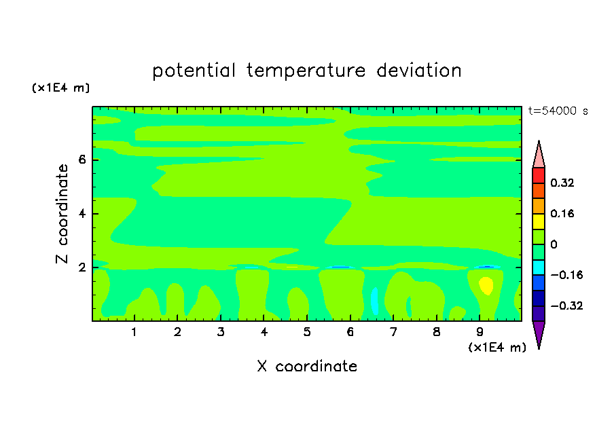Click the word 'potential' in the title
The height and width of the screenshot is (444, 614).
pyautogui.click(x=194, y=71)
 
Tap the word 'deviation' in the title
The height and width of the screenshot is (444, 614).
pyautogui.click(x=419, y=70)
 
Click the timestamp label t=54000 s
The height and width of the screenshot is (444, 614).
pyautogui.click(x=558, y=111)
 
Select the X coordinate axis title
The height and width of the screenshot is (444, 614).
pyautogui.click(x=307, y=366)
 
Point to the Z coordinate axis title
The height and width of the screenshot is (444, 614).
pyautogui.click(x=62, y=214)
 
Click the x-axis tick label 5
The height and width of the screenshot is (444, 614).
pyautogui.click(x=307, y=332)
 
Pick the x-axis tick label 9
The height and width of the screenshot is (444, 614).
pyautogui.click(x=480, y=332)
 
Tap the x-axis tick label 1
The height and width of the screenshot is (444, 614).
pyautogui.click(x=134, y=332)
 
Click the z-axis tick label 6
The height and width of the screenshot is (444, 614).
pyautogui.click(x=82, y=160)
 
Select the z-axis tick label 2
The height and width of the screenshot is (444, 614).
pyautogui.click(x=82, y=267)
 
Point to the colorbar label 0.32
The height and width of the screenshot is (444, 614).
pyautogui.click(x=562, y=183)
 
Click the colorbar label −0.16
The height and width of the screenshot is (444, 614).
pyautogui.click(x=566, y=275)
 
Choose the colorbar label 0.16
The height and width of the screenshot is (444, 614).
pyautogui.click(x=562, y=213)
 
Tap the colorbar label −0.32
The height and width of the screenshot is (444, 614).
pyautogui.click(x=566, y=306)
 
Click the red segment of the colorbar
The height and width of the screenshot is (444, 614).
pyautogui.click(x=539, y=175)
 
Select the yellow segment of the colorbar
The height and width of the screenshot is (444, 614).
pyautogui.click(x=539, y=221)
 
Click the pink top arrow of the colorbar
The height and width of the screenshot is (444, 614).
pyautogui.click(x=539, y=155)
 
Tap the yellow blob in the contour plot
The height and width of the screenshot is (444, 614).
pyautogui.click(x=486, y=285)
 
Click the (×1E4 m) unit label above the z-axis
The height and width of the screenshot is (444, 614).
pyautogui.click(x=60, y=88)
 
